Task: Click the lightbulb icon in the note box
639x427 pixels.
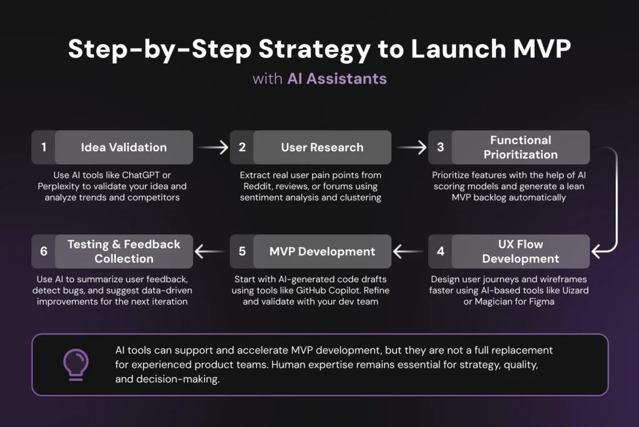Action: coord(76,364)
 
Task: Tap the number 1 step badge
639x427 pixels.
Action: coord(44,147)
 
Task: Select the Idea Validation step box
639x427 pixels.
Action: coord(124,147)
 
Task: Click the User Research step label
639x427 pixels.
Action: coord(322,147)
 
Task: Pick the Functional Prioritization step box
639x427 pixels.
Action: coord(520,147)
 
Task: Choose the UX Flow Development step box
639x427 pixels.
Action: coord(520,252)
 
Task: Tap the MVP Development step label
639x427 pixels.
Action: coord(322,252)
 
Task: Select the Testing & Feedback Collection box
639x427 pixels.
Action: coord(124,252)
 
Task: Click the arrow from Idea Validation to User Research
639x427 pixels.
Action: coord(213,148)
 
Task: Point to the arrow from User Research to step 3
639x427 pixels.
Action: coord(411,148)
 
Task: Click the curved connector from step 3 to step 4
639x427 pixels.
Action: coord(615,200)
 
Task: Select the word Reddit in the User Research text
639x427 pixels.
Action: coord(257,186)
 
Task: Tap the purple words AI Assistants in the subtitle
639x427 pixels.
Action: coord(336,79)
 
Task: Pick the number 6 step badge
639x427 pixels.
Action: coord(44,252)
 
